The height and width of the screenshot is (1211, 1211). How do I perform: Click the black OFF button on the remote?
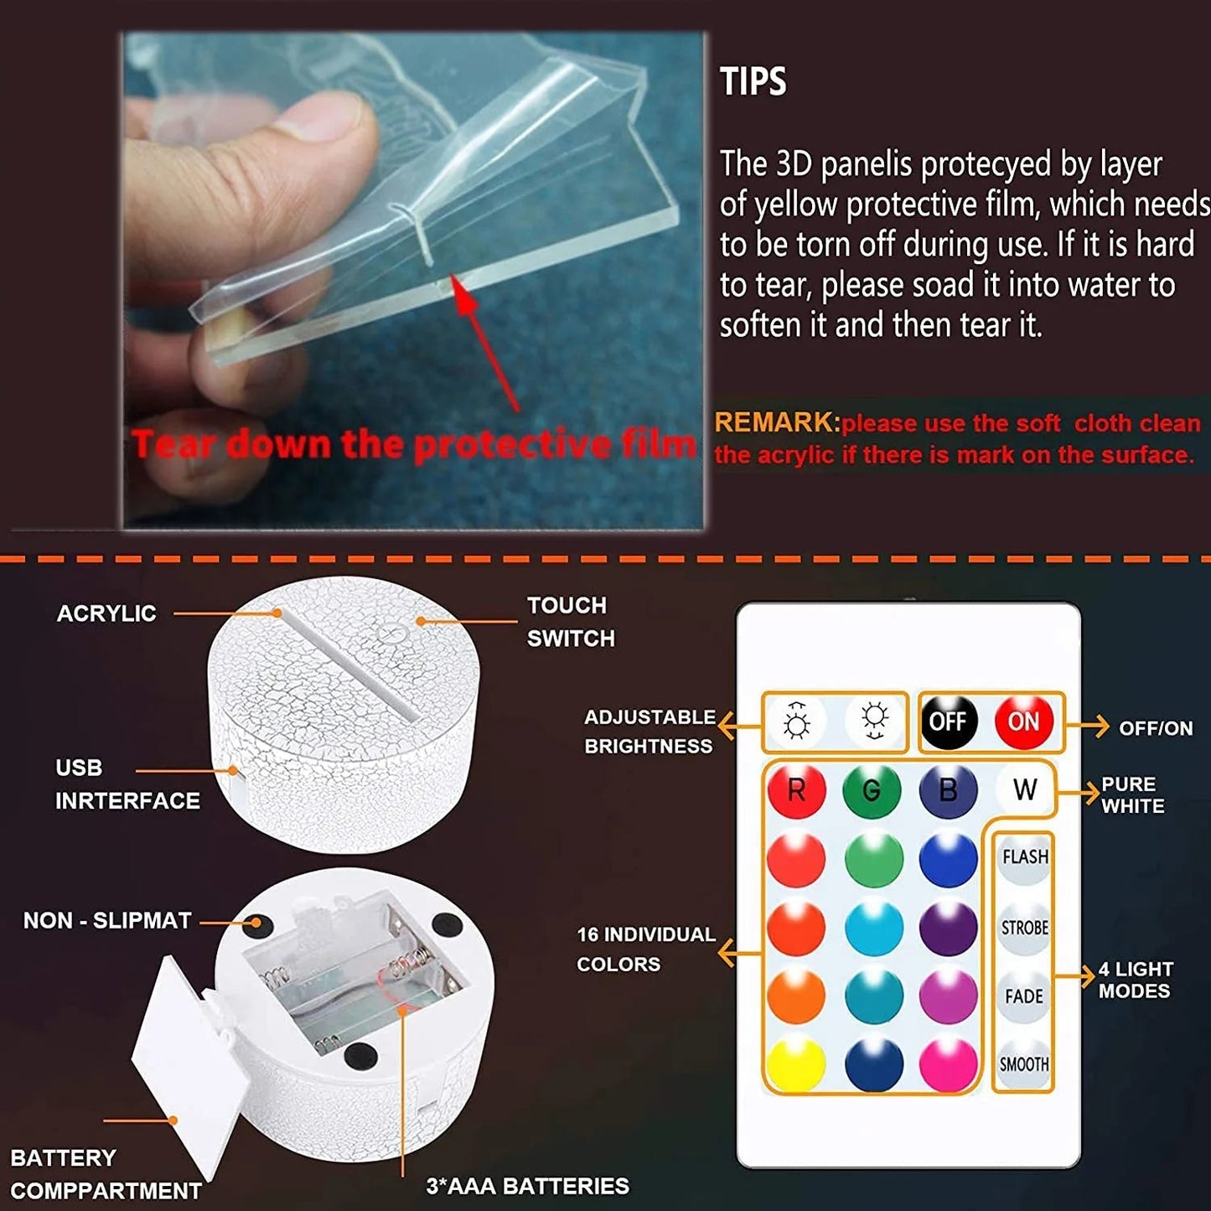[x=948, y=721]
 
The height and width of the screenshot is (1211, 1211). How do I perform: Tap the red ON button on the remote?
[x=1023, y=721]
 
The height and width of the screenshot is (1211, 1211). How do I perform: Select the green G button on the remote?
[x=872, y=789]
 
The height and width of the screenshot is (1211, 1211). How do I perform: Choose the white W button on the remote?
[x=1024, y=789]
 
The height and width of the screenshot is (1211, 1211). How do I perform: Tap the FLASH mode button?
[x=1024, y=857]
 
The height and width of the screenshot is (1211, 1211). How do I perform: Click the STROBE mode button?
[x=1024, y=928]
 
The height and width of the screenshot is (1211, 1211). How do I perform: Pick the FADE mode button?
[x=1024, y=996]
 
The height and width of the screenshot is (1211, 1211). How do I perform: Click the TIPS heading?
[x=753, y=82]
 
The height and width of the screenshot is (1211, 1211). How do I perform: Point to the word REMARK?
[x=776, y=422]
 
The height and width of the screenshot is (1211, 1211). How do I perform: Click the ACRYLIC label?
[x=106, y=613]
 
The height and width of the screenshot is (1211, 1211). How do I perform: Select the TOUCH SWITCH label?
[x=571, y=622]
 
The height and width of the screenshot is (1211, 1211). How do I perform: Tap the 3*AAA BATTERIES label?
[x=527, y=1186]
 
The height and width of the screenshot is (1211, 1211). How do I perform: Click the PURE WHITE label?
[x=1132, y=794]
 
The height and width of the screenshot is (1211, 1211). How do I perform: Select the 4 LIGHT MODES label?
[x=1136, y=980]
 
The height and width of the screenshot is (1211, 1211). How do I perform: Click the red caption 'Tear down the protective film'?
[x=412, y=444]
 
